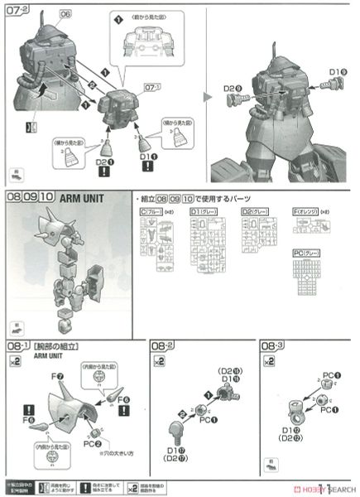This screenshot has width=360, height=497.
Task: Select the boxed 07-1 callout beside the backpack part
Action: click(x=151, y=87)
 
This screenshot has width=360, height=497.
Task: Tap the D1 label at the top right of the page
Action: click(x=336, y=70)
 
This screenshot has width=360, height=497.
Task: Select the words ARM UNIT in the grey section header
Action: click(x=83, y=199)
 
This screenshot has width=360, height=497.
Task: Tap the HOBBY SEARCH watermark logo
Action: click(x=327, y=490)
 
